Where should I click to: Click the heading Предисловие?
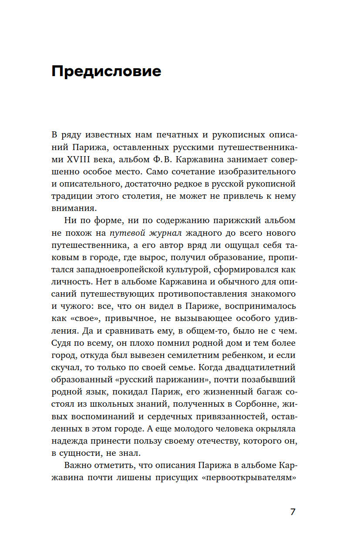(x=106, y=71)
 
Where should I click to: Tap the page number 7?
(x=293, y=512)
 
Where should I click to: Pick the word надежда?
(x=71, y=441)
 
